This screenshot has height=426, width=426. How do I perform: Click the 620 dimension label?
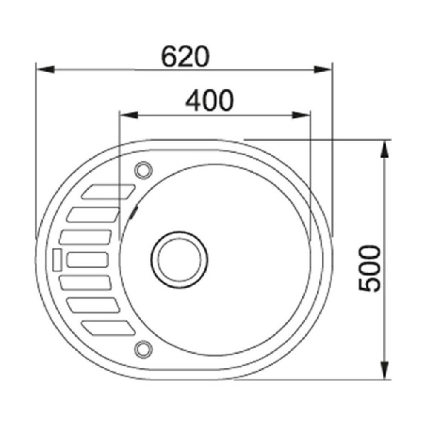(x=185, y=57)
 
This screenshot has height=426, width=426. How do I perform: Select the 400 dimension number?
(x=209, y=100)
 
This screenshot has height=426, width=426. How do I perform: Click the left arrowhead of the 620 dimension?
(x=45, y=69)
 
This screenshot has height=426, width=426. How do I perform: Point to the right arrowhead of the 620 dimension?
(x=323, y=69)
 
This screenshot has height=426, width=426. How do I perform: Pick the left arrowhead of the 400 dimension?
(x=129, y=115)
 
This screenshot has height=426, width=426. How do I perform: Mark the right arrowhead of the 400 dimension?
(x=301, y=115)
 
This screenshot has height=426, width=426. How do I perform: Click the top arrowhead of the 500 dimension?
(x=384, y=149)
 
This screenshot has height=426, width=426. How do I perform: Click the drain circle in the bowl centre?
(x=179, y=260)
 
